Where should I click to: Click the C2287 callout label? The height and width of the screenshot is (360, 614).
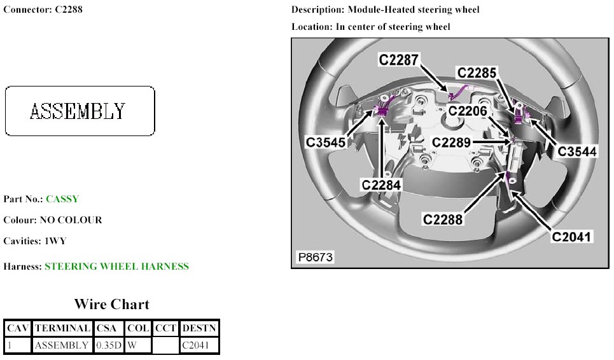coord(399,60)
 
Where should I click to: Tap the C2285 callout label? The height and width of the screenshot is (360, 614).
coord(477,73)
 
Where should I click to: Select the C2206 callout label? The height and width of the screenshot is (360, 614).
coord(468,111)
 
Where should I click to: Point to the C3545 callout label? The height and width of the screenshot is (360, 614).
coord(325,142)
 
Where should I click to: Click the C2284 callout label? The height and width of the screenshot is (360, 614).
coord(382,185)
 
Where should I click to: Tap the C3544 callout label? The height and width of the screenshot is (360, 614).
coord(577,151)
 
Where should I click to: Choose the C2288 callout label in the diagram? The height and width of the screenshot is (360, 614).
coord(444,219)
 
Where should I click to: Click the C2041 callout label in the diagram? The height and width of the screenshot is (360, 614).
coord(572,237)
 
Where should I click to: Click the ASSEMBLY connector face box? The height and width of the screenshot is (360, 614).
coord(80,111)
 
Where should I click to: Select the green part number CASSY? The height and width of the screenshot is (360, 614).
coord(62,199)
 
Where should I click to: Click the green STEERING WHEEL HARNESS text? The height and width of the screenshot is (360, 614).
coord(116,267)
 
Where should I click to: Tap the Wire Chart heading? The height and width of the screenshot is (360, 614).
coord(111,304)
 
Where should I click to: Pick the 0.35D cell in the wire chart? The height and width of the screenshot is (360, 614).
coord(109,345)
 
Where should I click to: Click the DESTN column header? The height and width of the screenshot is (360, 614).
coord(199,328)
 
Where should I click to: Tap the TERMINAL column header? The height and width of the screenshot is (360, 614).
coord(62,328)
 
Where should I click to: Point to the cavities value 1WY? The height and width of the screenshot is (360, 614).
coord(55,241)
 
